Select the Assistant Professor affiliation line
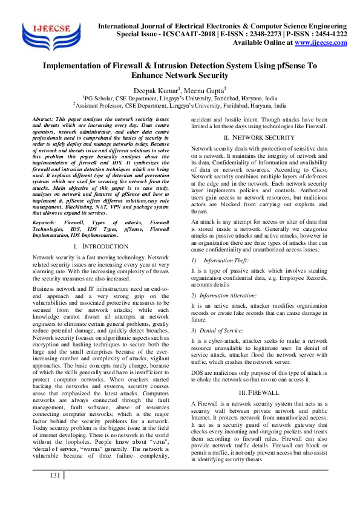pos(180,105)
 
